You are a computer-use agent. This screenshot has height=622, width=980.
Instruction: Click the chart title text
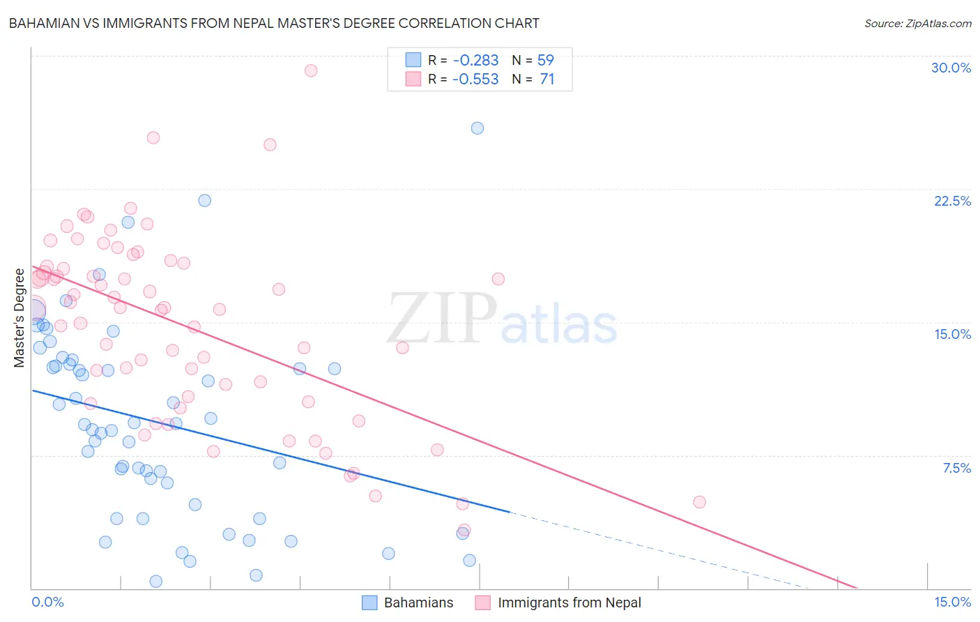pos(274,23)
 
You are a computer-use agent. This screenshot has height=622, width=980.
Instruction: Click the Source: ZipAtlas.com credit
pos(917,23)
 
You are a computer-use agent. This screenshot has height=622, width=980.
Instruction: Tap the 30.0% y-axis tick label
pos(951,68)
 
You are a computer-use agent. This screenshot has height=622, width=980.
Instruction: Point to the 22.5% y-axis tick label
pos(952,201)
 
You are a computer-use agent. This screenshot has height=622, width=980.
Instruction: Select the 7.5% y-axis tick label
pos(956,468)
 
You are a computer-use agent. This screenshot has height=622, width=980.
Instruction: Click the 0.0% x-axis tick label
pos(47,602)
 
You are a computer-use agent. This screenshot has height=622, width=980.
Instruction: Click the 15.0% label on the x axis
pos(952,602)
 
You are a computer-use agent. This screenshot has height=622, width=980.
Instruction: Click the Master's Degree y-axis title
pos(20,317)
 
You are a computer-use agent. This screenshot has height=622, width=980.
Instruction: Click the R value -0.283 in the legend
pos(475,61)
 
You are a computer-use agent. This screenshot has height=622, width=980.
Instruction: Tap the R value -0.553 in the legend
pos(475,79)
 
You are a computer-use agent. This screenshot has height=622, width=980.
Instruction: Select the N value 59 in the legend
pos(545,61)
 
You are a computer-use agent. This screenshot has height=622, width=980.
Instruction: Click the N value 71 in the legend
pos(546,79)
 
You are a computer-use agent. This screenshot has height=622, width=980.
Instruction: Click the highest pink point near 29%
pos(311,70)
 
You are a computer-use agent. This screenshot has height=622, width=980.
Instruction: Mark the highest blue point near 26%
pos(477,128)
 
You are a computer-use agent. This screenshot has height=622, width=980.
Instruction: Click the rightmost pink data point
pos(699,502)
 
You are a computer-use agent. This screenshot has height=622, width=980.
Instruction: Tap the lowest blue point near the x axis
pos(156,581)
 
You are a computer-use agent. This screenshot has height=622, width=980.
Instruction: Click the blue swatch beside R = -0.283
pos(413,61)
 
